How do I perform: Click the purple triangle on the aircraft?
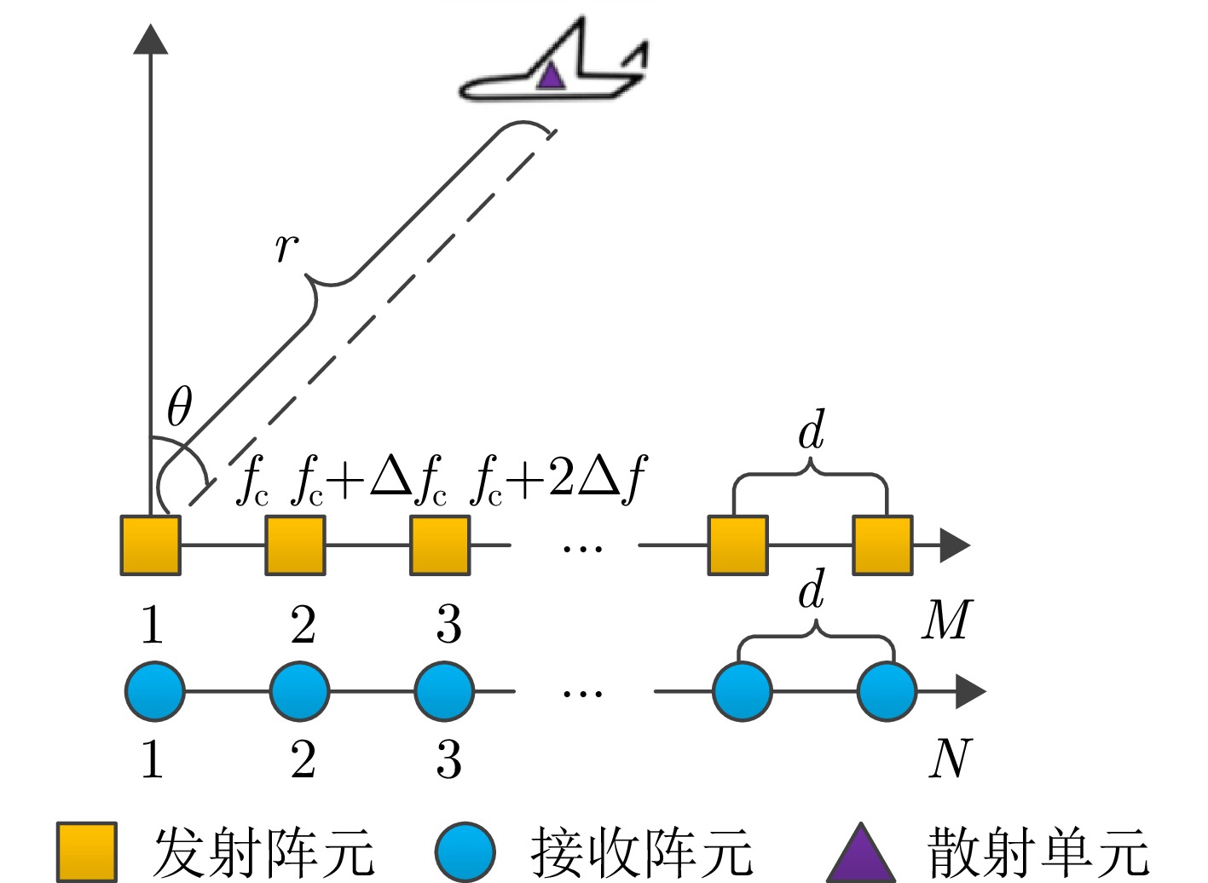click(551, 77)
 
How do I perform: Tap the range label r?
click(286, 247)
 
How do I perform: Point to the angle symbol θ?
click(179, 407)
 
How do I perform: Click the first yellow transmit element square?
click(150, 545)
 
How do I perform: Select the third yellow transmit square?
click(440, 545)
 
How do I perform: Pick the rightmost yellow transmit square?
click(882, 545)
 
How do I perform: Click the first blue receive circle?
click(155, 691)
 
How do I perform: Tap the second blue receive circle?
click(299, 691)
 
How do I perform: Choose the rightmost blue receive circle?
click(887, 691)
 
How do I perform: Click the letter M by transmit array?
click(946, 620)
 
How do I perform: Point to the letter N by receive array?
click(950, 758)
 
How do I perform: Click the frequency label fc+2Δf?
click(558, 481)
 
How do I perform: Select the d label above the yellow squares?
click(812, 430)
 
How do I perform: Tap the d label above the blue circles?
click(812, 589)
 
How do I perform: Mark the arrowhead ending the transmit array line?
click(954, 545)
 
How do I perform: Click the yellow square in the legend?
click(86, 851)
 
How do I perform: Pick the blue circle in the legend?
click(465, 851)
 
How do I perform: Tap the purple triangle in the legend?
click(861, 854)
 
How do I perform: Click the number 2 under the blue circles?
click(303, 759)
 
